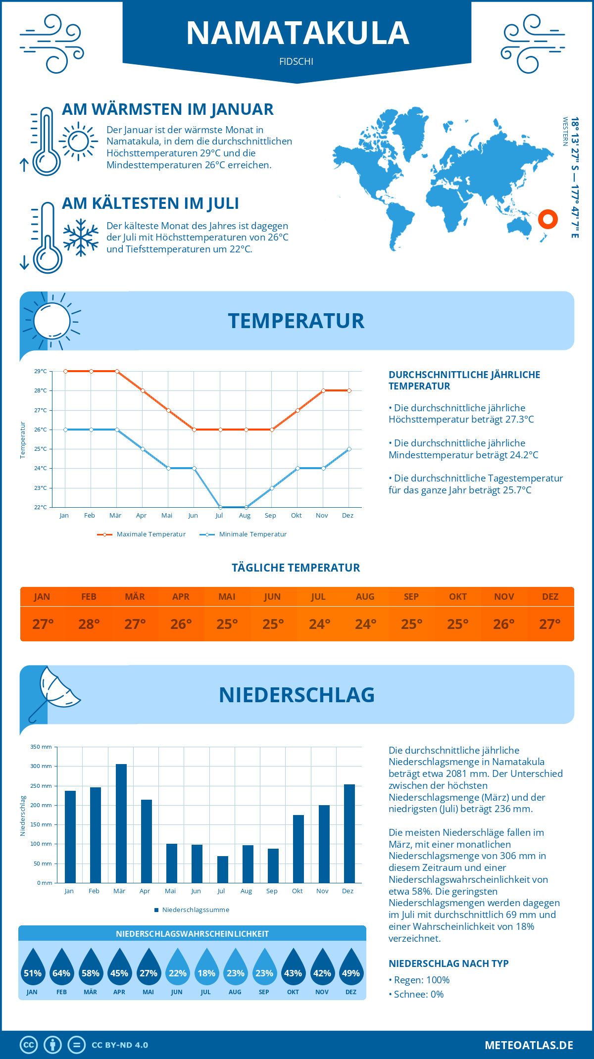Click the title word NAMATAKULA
tap(297, 34)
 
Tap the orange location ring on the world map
tap(548, 219)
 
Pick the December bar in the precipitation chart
tap(349, 833)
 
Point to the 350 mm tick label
tap(41, 747)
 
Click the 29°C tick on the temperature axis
tap(41, 371)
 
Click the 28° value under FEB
tap(89, 625)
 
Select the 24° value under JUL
tap(319, 625)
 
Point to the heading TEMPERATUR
tap(296, 321)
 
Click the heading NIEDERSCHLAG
tap(297, 695)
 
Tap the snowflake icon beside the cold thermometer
tap(81, 238)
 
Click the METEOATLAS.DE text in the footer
tap(529, 1045)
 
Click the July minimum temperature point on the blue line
tap(220, 507)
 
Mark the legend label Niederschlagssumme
tap(196, 910)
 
